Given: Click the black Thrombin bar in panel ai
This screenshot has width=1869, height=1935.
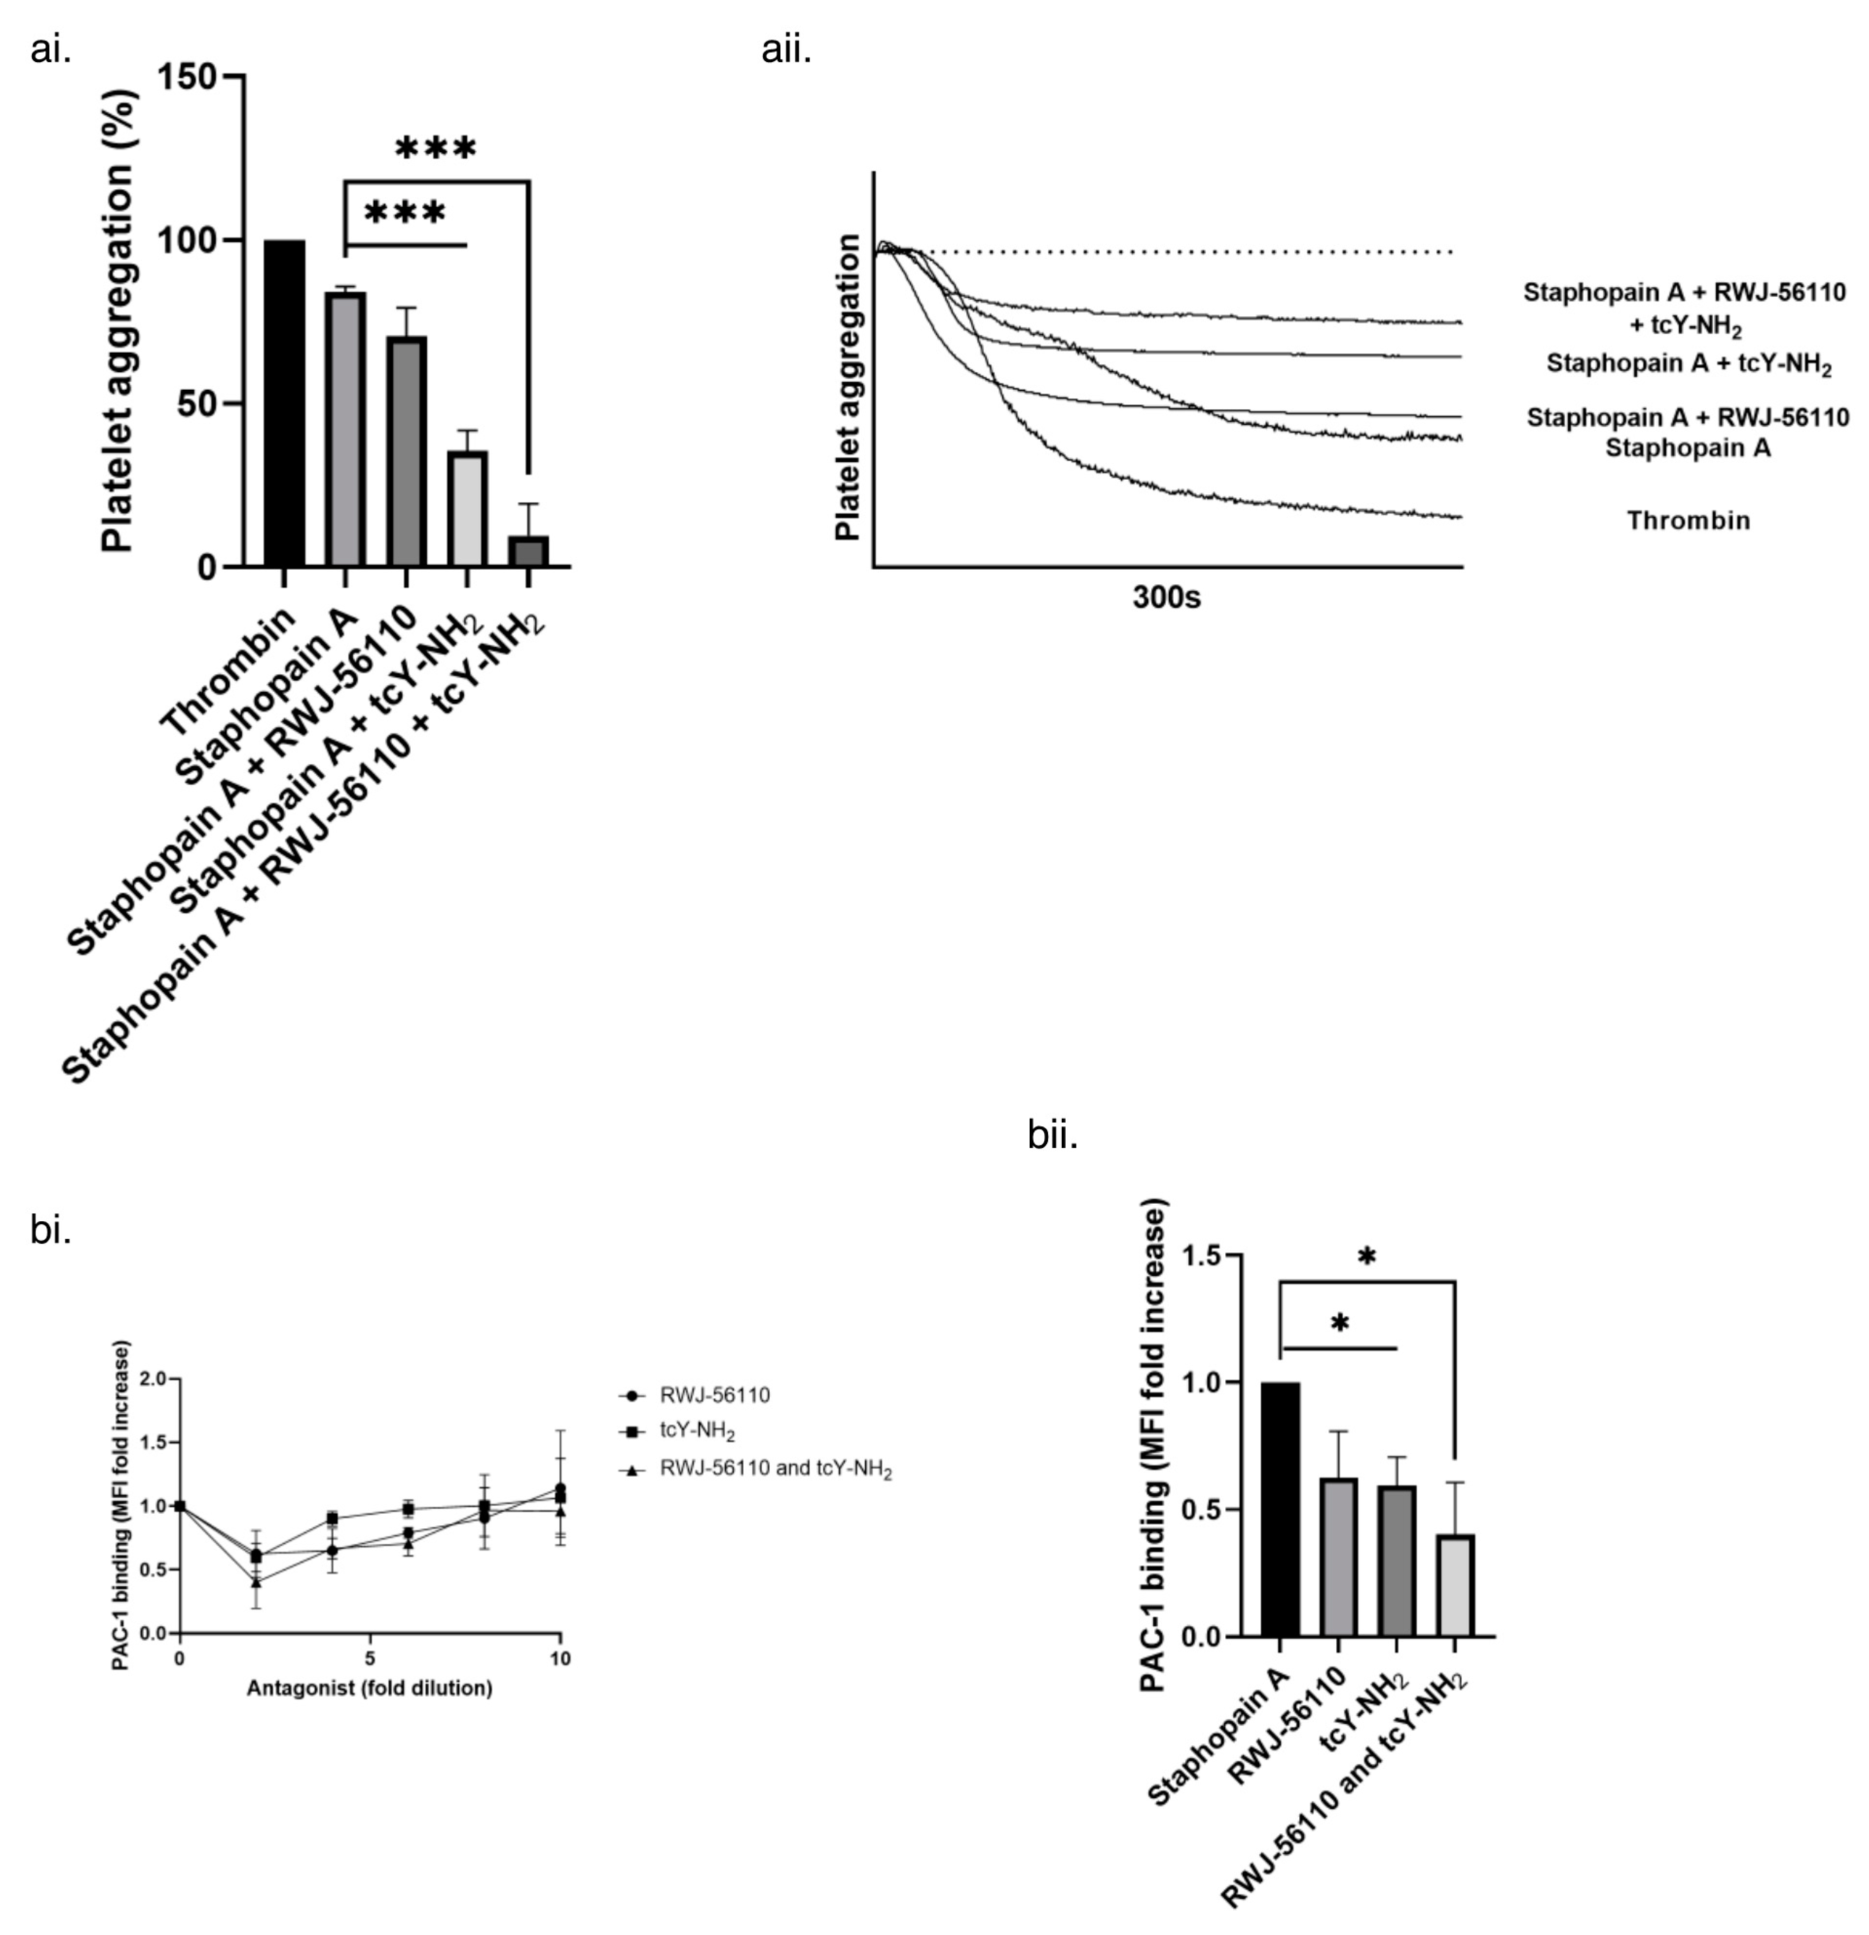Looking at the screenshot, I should coord(284,403).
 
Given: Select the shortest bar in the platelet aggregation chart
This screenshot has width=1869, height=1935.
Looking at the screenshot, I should coord(528,551).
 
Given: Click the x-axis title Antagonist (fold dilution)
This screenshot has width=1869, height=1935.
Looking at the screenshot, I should coord(369,1688).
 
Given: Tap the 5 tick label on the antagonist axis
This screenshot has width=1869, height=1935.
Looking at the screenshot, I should coord(369,1659).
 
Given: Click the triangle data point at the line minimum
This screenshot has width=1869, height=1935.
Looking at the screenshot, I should coord(256,1582).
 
